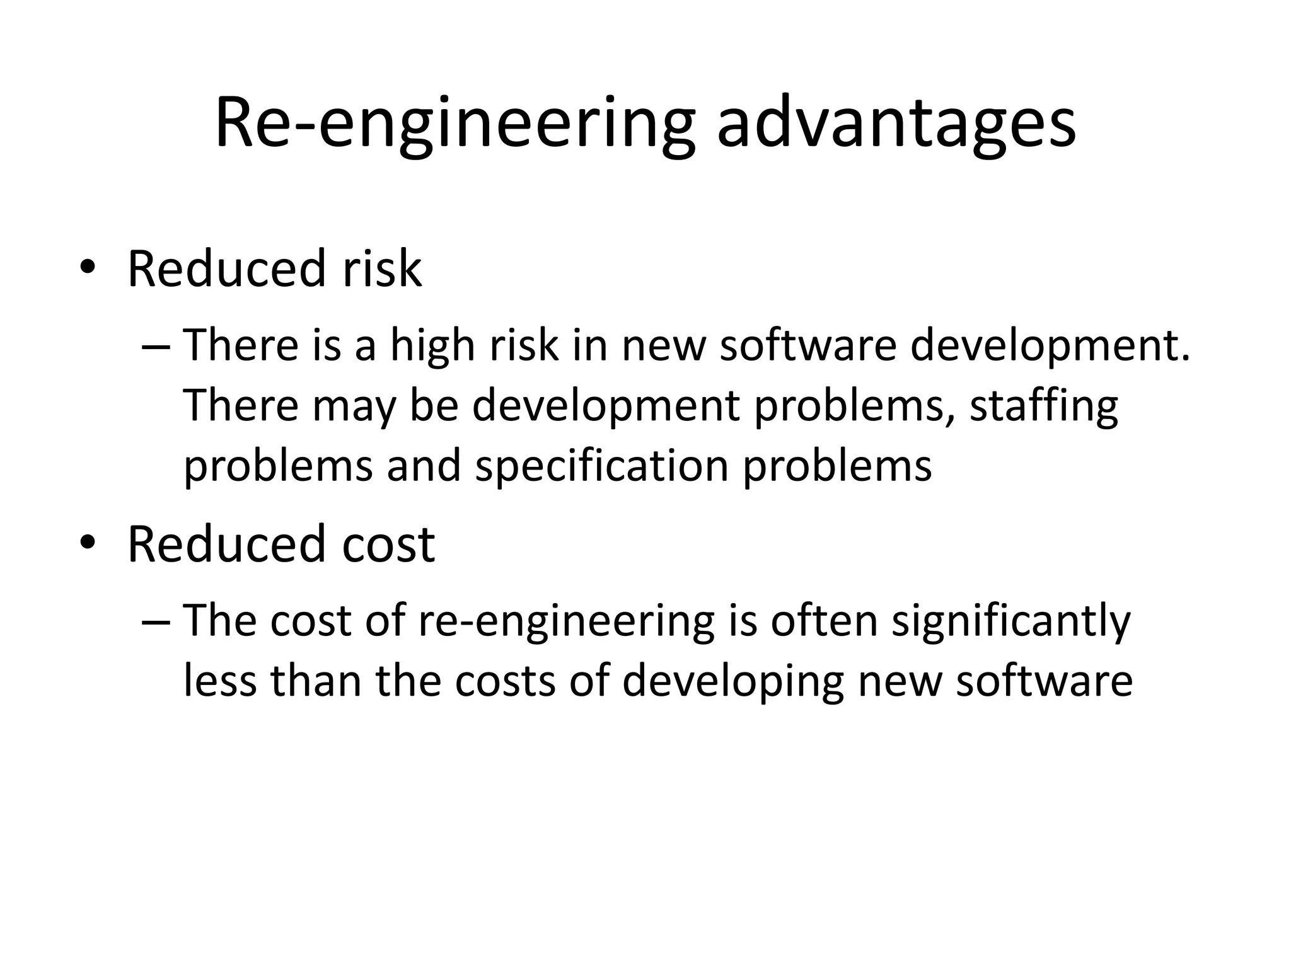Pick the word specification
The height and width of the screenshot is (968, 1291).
pos(601,467)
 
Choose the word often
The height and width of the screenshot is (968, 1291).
pos(824,621)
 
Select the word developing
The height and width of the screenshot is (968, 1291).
pos(733,683)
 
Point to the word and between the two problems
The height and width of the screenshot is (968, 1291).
pos(424,467)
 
